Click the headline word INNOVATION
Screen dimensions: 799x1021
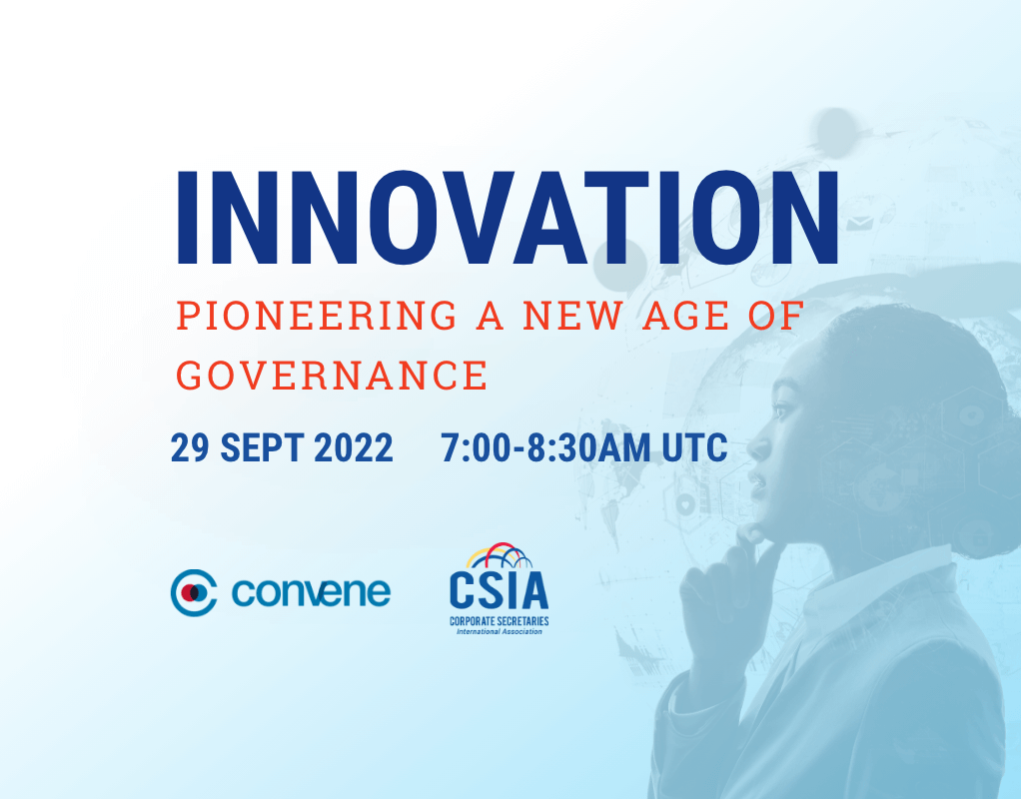pos(507,220)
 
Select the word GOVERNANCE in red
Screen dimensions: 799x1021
pos(332,375)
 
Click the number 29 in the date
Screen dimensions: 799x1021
pos(191,448)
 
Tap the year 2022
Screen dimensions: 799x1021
pos(354,448)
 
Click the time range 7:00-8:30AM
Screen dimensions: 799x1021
pos(547,448)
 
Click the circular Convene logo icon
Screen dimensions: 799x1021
pos(194,592)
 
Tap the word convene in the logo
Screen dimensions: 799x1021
pos(311,592)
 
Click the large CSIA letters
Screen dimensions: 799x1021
pos(499,590)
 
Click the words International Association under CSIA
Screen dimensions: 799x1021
pos(499,631)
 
